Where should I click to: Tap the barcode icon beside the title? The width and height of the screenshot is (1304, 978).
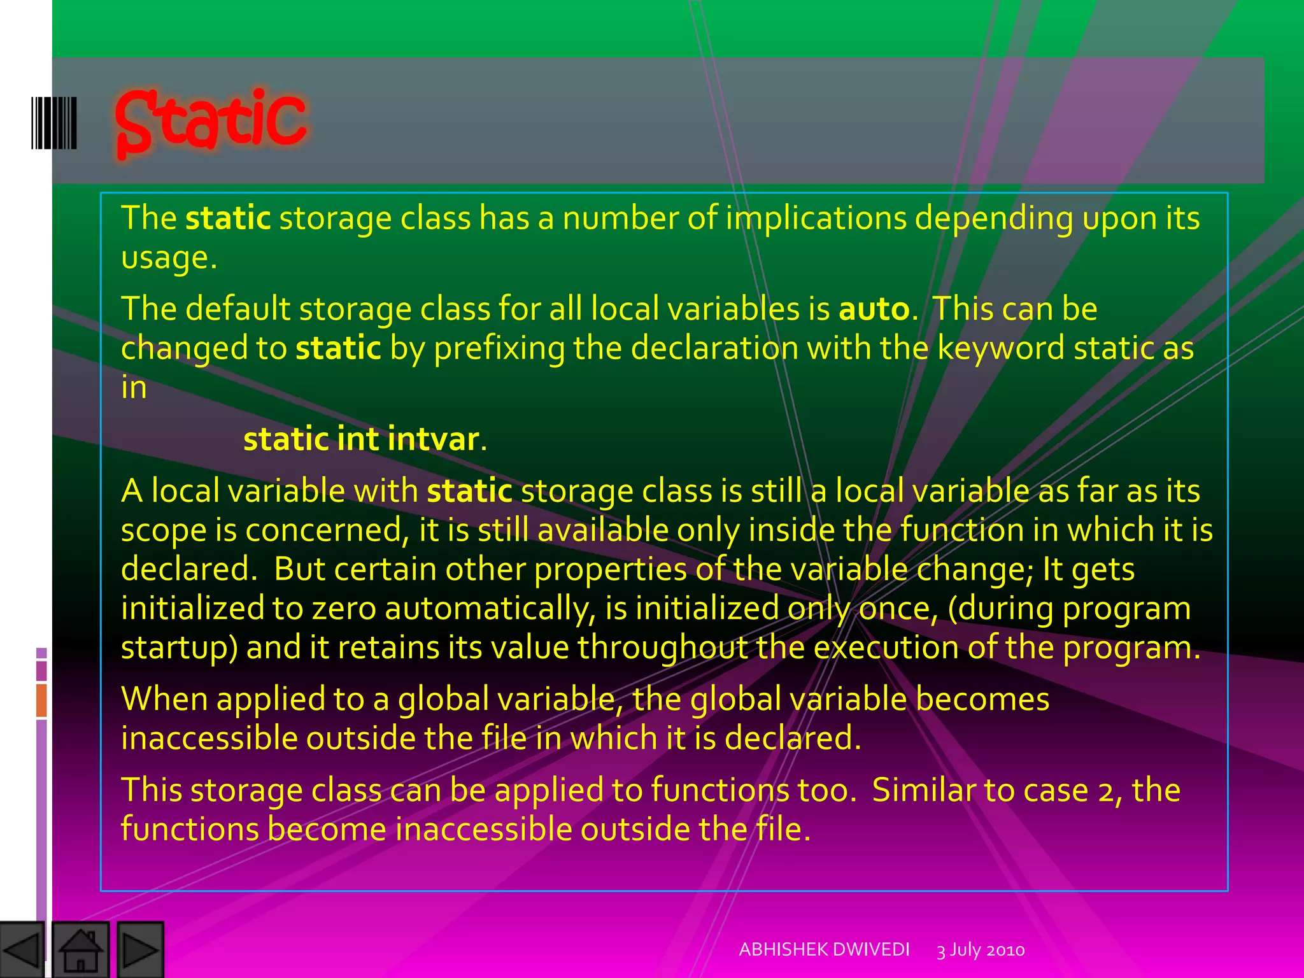click(54, 123)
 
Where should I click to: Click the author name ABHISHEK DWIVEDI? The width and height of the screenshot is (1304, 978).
click(824, 949)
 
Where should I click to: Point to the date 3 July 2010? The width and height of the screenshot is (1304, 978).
click(981, 950)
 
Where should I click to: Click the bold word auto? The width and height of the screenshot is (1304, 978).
click(874, 309)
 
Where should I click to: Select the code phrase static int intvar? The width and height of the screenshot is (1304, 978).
click(361, 439)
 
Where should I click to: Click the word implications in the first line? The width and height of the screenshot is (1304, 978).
click(816, 218)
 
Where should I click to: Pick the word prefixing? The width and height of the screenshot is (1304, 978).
click(499, 349)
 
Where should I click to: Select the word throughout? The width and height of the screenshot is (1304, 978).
click(662, 648)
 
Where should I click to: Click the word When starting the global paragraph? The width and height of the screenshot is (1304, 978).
click(164, 699)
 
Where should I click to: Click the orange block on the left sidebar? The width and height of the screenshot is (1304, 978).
click(41, 700)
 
